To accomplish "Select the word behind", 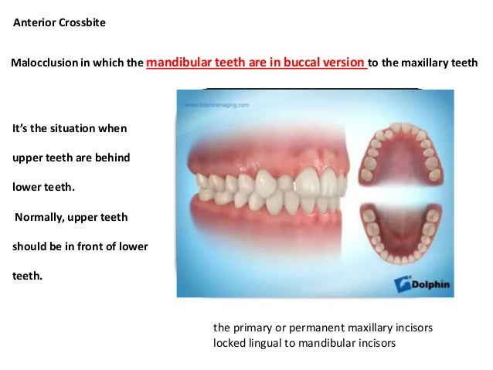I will [x=113, y=158].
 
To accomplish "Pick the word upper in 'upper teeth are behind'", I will [x=28, y=158].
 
